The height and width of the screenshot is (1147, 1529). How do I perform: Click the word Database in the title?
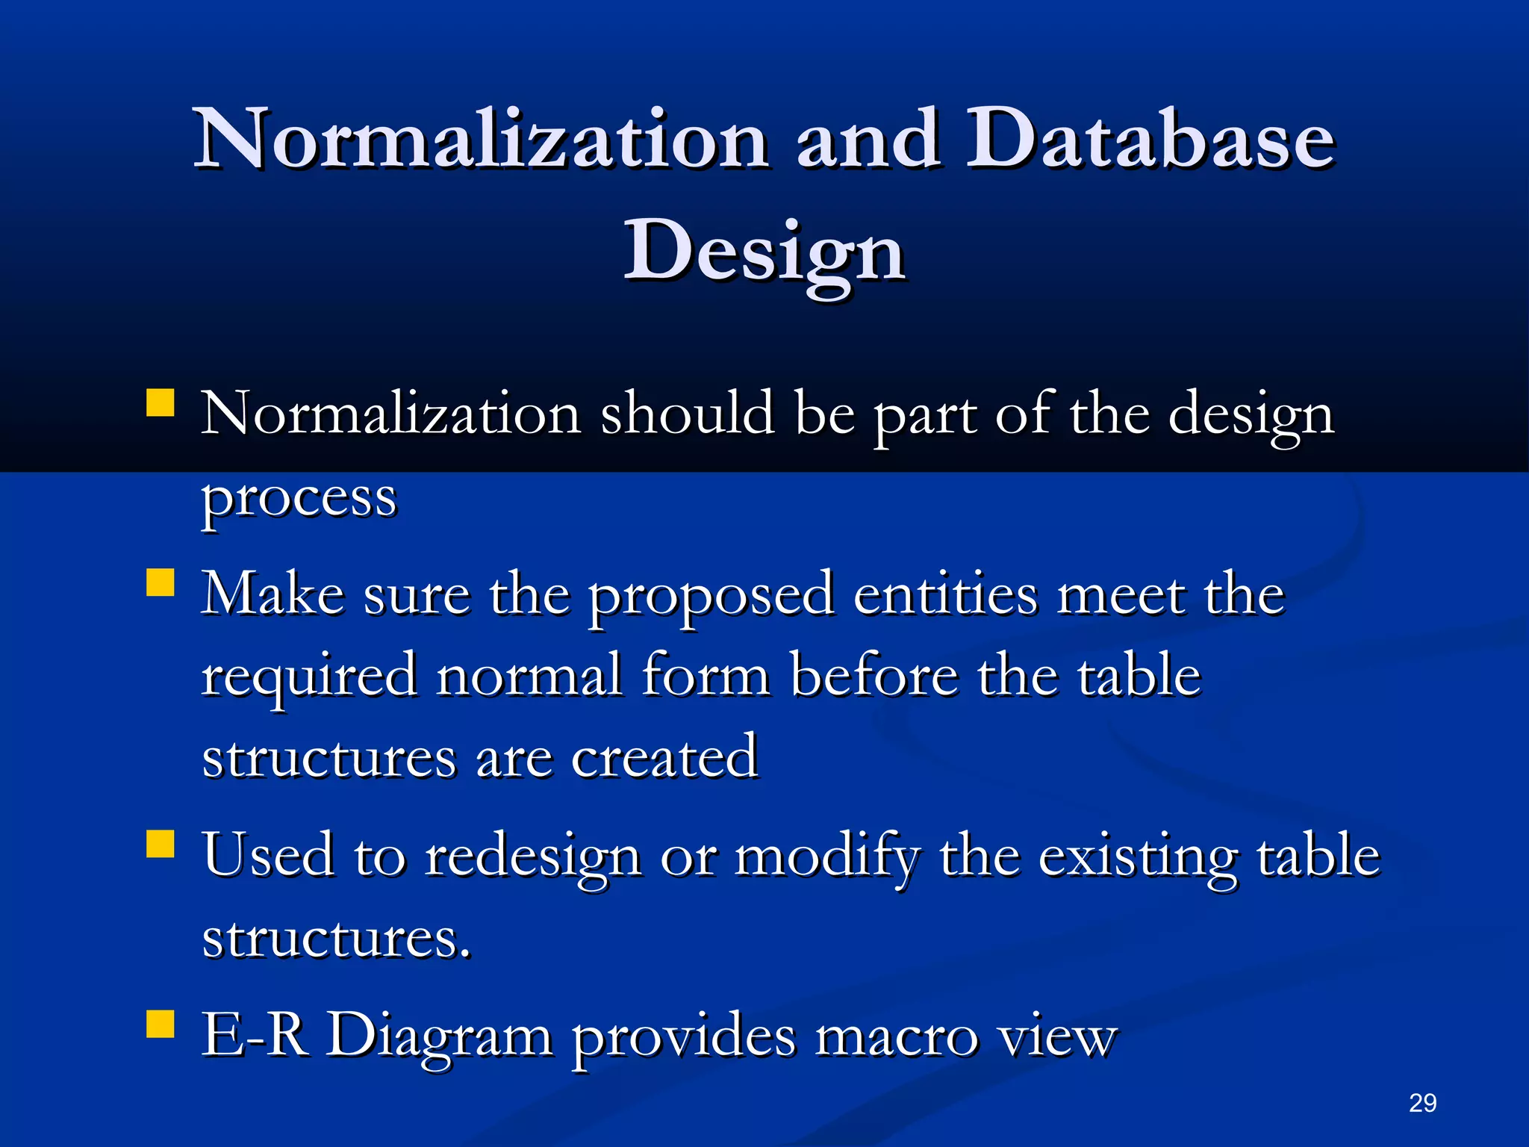coord(1150,140)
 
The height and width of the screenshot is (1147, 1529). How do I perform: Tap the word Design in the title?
coord(764,252)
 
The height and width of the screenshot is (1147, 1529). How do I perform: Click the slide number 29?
coord(1422,1103)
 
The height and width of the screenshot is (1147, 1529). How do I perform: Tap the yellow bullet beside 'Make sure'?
coord(161,582)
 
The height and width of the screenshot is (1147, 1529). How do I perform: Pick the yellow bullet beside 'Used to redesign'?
coord(161,844)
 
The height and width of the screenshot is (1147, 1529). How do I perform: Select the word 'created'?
coord(664,757)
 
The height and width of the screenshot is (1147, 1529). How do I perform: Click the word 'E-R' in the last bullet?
coord(255,1035)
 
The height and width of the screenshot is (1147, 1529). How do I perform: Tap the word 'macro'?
coord(896,1036)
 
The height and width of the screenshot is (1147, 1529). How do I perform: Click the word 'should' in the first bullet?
coord(688,414)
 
